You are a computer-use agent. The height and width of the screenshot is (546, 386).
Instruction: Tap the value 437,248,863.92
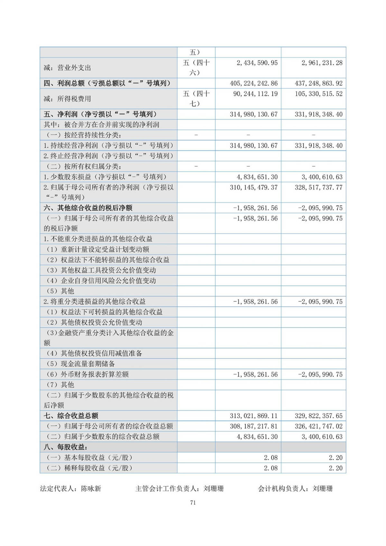pos(318,83)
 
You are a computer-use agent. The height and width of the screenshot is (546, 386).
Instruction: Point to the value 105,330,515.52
pos(318,94)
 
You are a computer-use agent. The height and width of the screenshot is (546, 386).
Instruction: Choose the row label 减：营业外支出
pos(67,68)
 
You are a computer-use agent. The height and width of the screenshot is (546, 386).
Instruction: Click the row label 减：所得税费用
pos(67,99)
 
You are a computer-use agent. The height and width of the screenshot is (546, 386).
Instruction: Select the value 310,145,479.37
pos(253,187)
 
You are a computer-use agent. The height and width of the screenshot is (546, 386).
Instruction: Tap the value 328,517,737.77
pos(318,187)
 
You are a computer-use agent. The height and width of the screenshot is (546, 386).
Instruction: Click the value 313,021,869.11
pos(253,416)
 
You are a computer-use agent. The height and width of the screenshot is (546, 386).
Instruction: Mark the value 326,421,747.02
pos(318,426)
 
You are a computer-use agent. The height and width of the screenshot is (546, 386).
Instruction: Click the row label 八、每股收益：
pos(66,447)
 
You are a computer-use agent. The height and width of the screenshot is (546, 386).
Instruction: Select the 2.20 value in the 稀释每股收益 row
pos(335,468)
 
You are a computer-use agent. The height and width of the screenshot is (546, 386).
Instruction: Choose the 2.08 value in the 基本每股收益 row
pos(271,458)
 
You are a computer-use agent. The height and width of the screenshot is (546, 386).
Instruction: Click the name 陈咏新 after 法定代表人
pos(91,489)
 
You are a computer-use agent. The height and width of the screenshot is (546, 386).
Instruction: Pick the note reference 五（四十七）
pos(196,98)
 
